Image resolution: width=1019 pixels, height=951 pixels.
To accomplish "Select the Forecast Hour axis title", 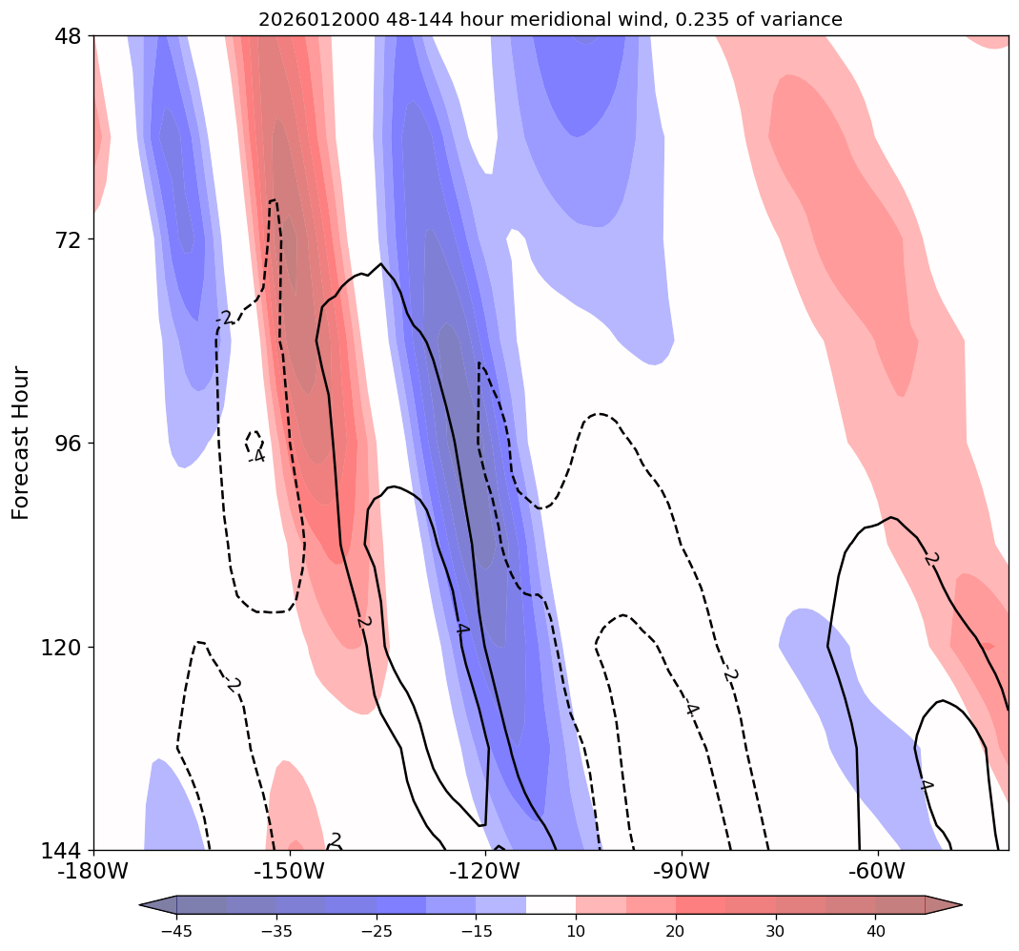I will [21, 443].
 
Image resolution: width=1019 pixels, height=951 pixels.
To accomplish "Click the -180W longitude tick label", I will [94, 871].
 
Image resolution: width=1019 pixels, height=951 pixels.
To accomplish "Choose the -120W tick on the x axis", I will [486, 871].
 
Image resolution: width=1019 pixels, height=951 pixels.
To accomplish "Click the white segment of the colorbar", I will [551, 904].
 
